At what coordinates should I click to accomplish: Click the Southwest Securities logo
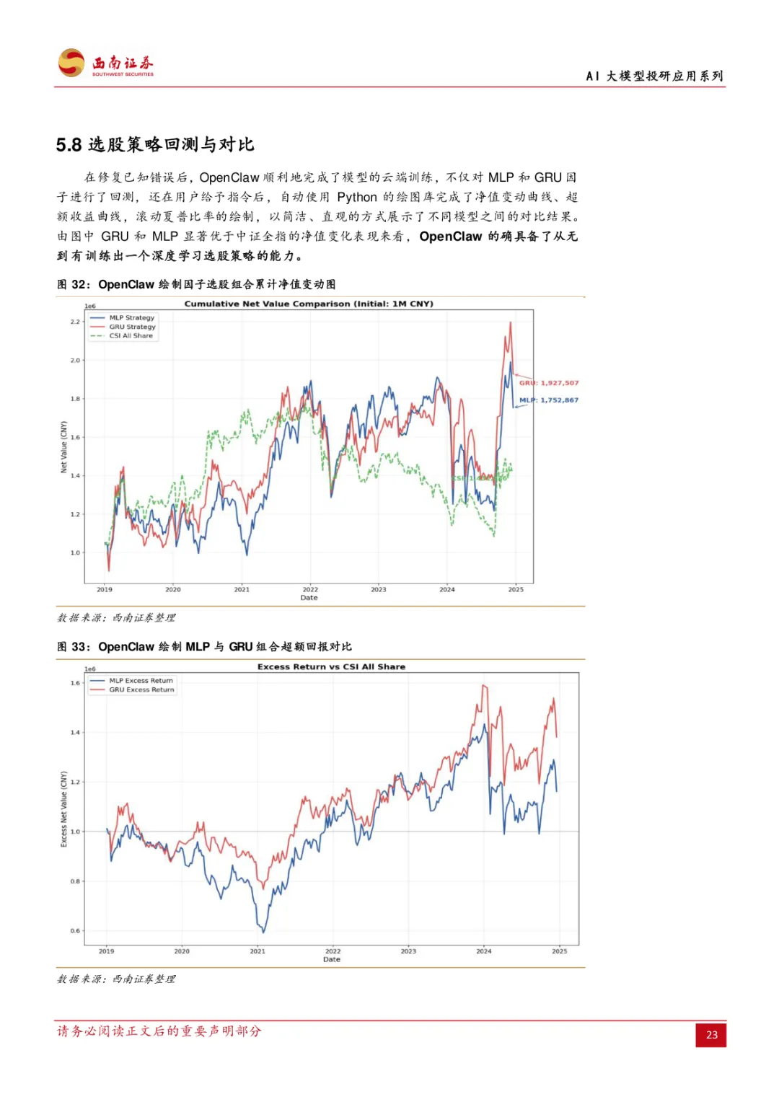click(x=105, y=63)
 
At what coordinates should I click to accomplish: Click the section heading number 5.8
click(x=69, y=145)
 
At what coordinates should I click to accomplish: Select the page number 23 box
click(x=711, y=1034)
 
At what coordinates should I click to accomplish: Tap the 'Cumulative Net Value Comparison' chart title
click(x=309, y=304)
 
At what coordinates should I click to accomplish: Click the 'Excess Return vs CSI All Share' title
click(x=331, y=666)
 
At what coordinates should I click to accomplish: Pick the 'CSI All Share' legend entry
click(x=131, y=335)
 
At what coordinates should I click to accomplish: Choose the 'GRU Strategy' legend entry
click(x=132, y=327)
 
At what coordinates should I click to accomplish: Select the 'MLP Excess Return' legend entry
click(x=141, y=680)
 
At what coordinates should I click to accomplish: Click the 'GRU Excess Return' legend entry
click(x=141, y=689)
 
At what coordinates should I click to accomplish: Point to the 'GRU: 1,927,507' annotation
click(x=549, y=383)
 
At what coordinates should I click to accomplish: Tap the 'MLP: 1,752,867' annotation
click(x=549, y=400)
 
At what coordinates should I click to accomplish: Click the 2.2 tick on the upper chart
click(x=75, y=322)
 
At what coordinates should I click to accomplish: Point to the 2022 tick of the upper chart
click(x=310, y=589)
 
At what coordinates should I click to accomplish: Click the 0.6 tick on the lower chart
click(x=75, y=930)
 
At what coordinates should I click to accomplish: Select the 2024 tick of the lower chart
click(x=484, y=951)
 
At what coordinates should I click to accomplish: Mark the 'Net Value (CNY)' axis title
click(x=63, y=447)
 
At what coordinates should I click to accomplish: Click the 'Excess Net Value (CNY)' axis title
click(x=63, y=808)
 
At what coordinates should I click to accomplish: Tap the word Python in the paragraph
click(x=357, y=197)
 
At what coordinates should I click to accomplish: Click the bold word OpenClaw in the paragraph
click(x=450, y=236)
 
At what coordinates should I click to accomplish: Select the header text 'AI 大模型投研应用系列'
click(x=654, y=76)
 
